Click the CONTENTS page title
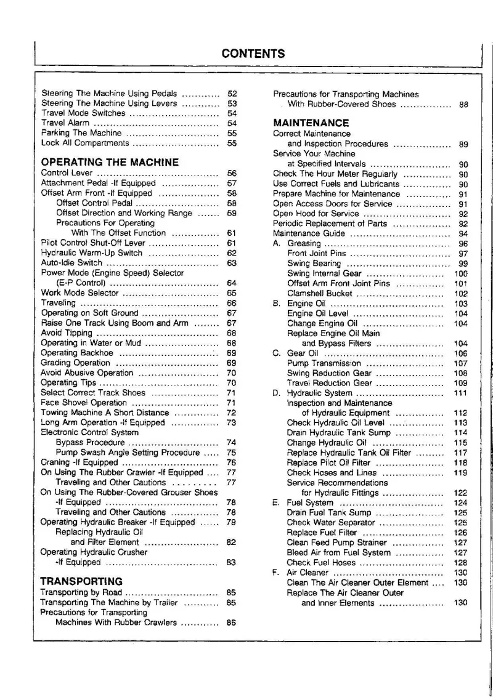point(253,53)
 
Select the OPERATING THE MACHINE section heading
point(110,163)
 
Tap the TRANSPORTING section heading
point(81,581)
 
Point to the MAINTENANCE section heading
point(311,123)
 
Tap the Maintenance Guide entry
point(309,233)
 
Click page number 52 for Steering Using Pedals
point(232,94)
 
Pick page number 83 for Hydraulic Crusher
point(232,562)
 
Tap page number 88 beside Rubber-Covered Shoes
point(463,105)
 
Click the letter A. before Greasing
point(277,243)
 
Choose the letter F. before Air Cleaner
point(276,573)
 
